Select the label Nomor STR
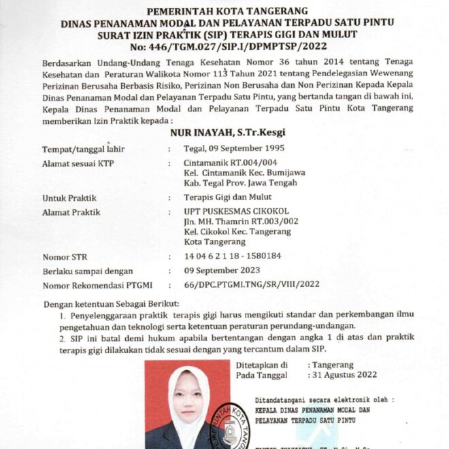tap(65, 257)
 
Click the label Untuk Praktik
tap(67, 197)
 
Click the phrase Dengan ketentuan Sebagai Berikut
tap(110, 302)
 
